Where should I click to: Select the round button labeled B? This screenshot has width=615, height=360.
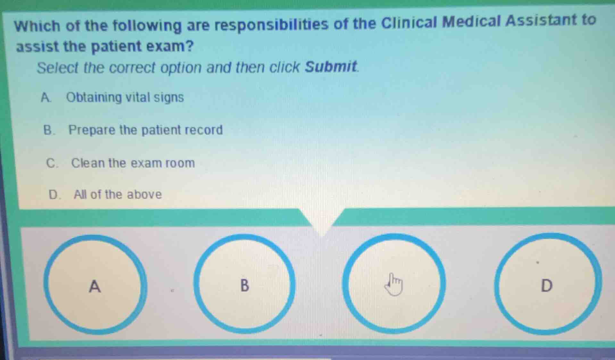244,284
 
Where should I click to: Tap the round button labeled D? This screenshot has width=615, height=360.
547,284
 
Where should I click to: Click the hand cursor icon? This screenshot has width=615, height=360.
394,284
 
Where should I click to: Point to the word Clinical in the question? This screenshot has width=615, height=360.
409,22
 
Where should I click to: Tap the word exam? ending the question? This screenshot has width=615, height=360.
170,46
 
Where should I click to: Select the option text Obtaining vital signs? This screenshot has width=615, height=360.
125,97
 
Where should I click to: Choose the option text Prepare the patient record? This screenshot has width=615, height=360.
145,130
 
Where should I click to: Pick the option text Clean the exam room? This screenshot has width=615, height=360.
133,163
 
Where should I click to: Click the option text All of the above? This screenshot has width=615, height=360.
118,195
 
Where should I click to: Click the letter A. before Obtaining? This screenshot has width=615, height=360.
46,97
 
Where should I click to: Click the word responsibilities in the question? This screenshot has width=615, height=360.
271,24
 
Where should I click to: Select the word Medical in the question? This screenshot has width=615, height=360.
471,21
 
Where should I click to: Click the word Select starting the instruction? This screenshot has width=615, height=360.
57,68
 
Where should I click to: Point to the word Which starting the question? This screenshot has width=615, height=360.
37,26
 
